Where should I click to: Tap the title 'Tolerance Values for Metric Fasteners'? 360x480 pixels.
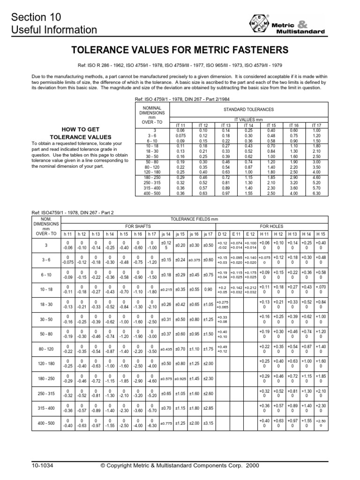point(180,50)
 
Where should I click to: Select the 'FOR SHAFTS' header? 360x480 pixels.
point(126,225)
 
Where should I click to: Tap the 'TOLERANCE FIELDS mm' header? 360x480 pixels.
point(194,218)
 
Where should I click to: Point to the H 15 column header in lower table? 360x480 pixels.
point(321,233)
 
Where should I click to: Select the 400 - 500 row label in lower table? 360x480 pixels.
point(46,423)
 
